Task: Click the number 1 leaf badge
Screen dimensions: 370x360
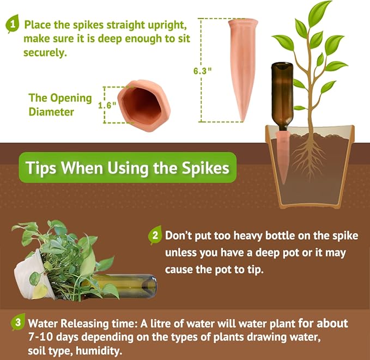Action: [x=13, y=23]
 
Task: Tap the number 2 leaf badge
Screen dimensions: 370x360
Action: [x=155, y=235]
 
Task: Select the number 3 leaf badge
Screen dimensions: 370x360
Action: [x=18, y=322]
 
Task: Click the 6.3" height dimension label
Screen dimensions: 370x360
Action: [x=202, y=71]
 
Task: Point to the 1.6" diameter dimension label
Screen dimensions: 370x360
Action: [x=107, y=105]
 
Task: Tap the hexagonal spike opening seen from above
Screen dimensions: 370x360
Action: [x=144, y=105]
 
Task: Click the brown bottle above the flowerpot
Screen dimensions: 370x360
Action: [x=282, y=96]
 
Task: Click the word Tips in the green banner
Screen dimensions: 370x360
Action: [x=41, y=168]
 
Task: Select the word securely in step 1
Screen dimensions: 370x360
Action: [x=45, y=53]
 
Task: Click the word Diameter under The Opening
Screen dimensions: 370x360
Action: [x=51, y=112]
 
